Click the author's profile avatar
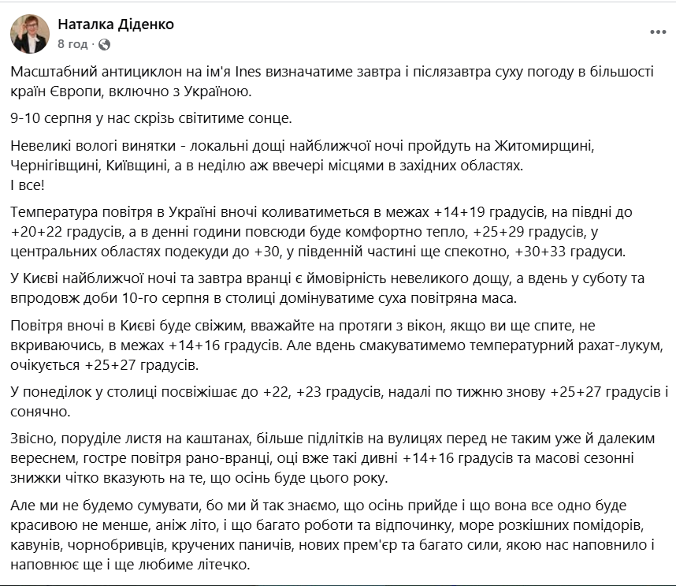tap(30, 34)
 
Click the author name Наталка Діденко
tap(117, 24)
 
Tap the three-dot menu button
tap(658, 32)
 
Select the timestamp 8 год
tap(73, 44)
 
